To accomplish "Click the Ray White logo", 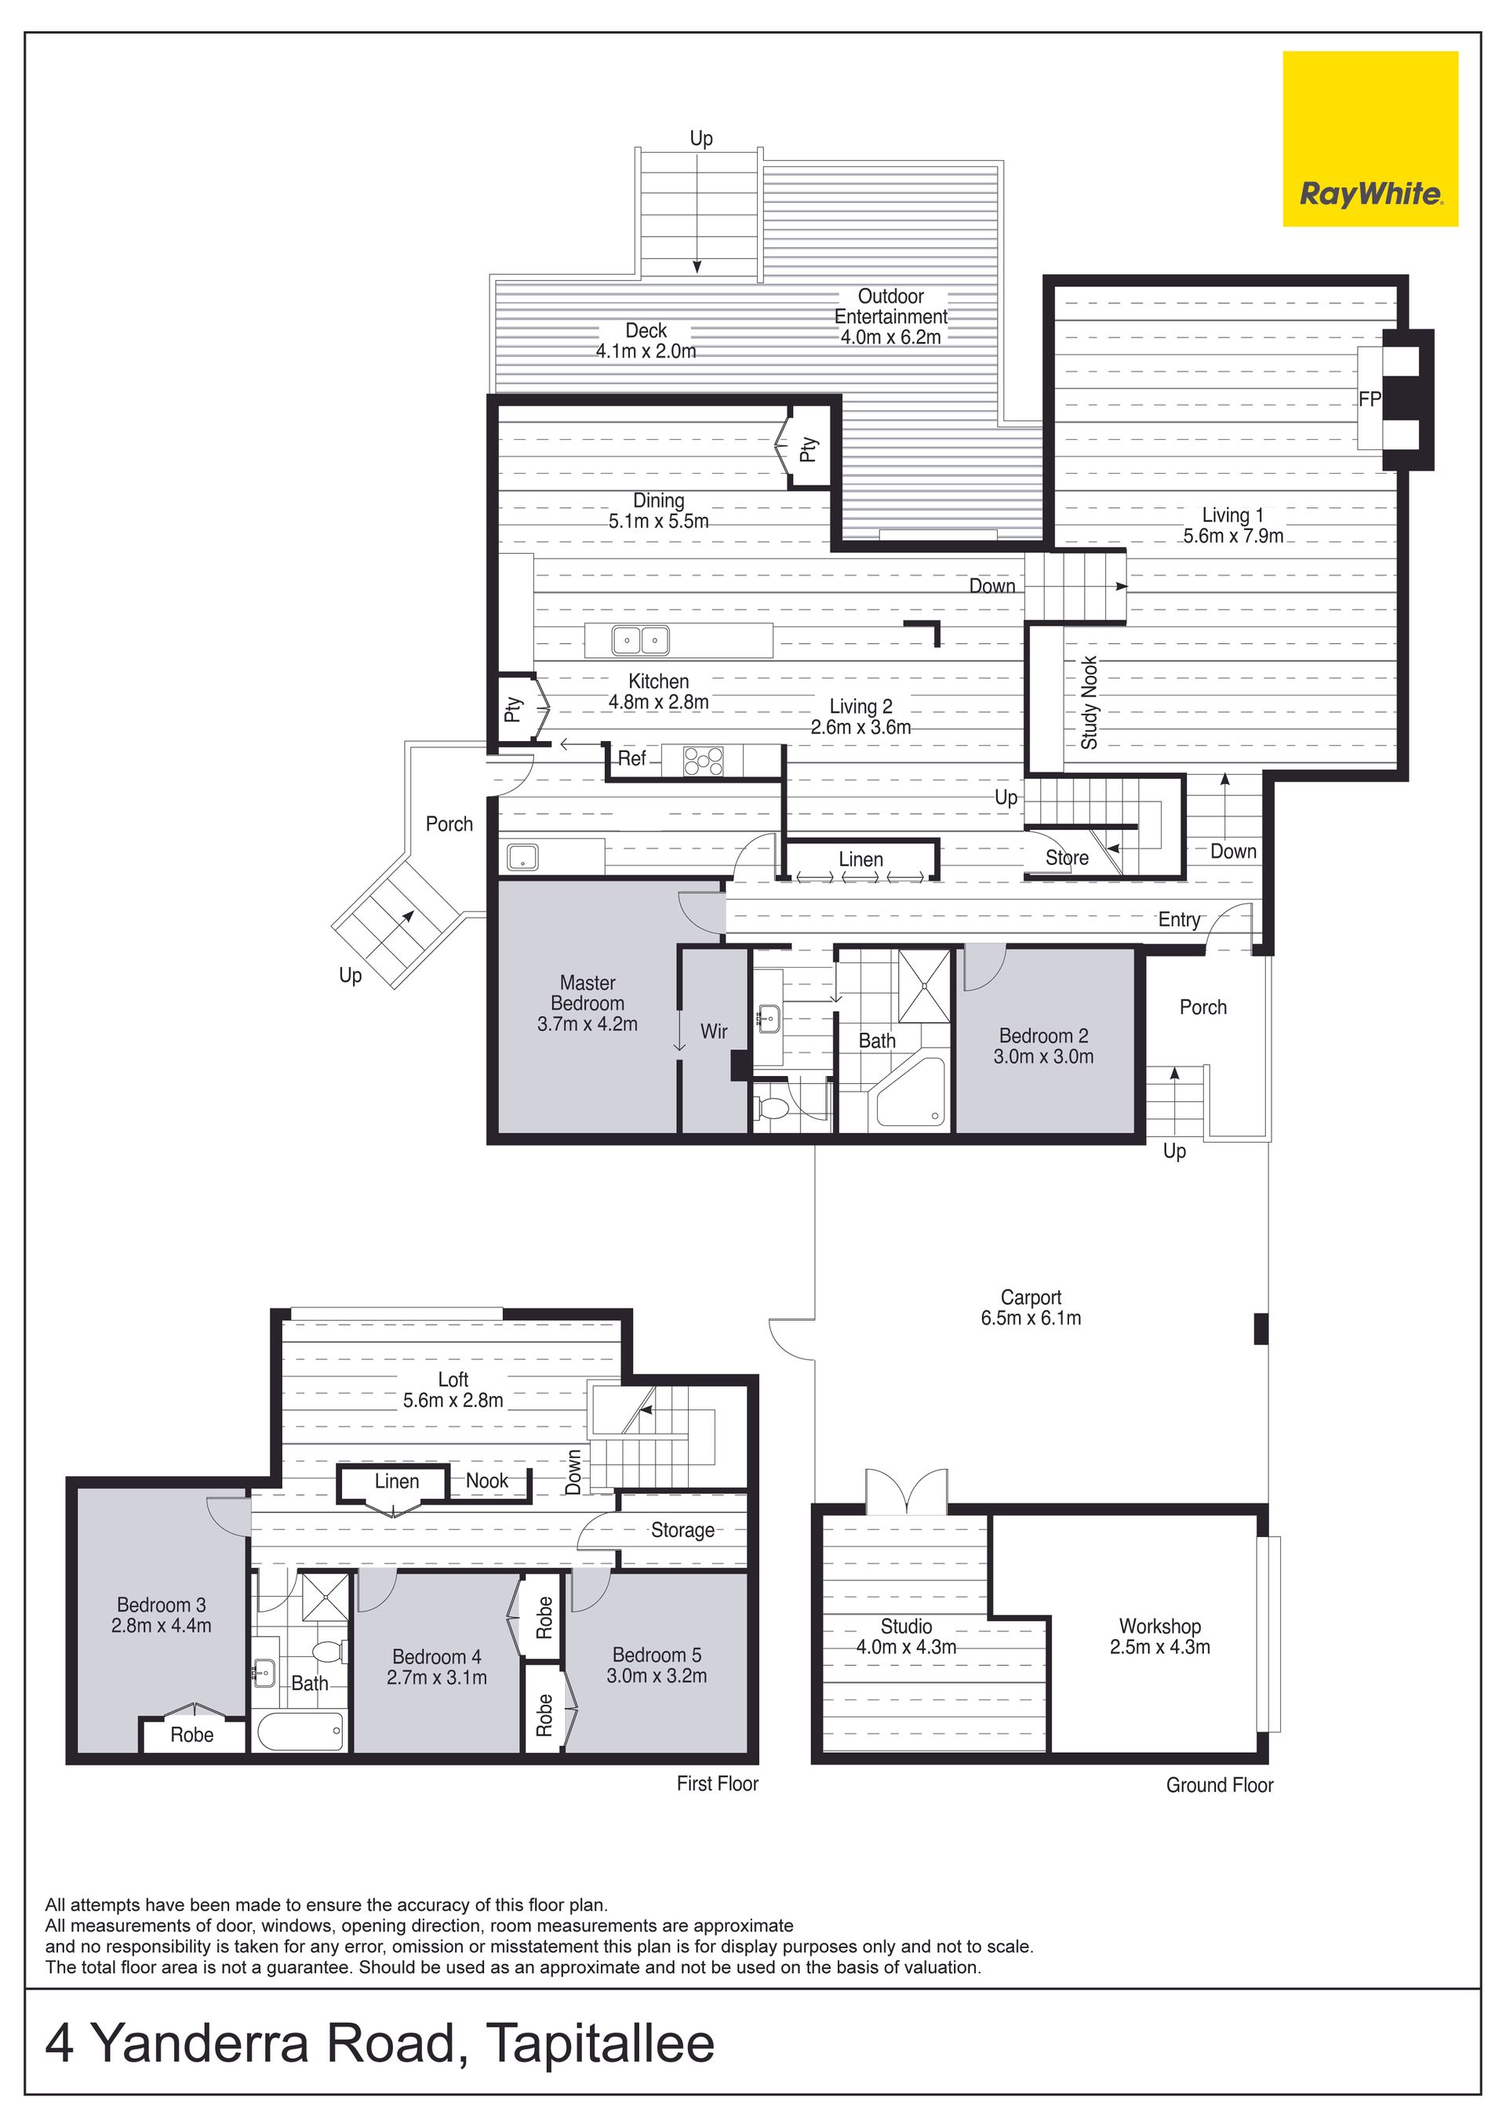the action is pos(1370,138).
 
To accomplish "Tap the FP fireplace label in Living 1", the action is pos(1370,399).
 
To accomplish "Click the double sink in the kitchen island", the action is pos(640,640).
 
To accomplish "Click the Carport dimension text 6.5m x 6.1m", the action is pos(1031,1318).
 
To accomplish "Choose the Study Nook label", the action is pos(1089,703).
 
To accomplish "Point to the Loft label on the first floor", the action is pos(453,1380).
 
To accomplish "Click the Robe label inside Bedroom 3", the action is pos(192,1735).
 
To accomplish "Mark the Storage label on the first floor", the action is pos(682,1531).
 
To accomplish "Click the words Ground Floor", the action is pos(1220,1785).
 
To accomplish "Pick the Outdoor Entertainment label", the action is pos(891,306).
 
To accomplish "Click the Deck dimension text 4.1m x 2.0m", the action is pos(646,351).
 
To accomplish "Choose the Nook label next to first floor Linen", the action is pos(487,1481).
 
